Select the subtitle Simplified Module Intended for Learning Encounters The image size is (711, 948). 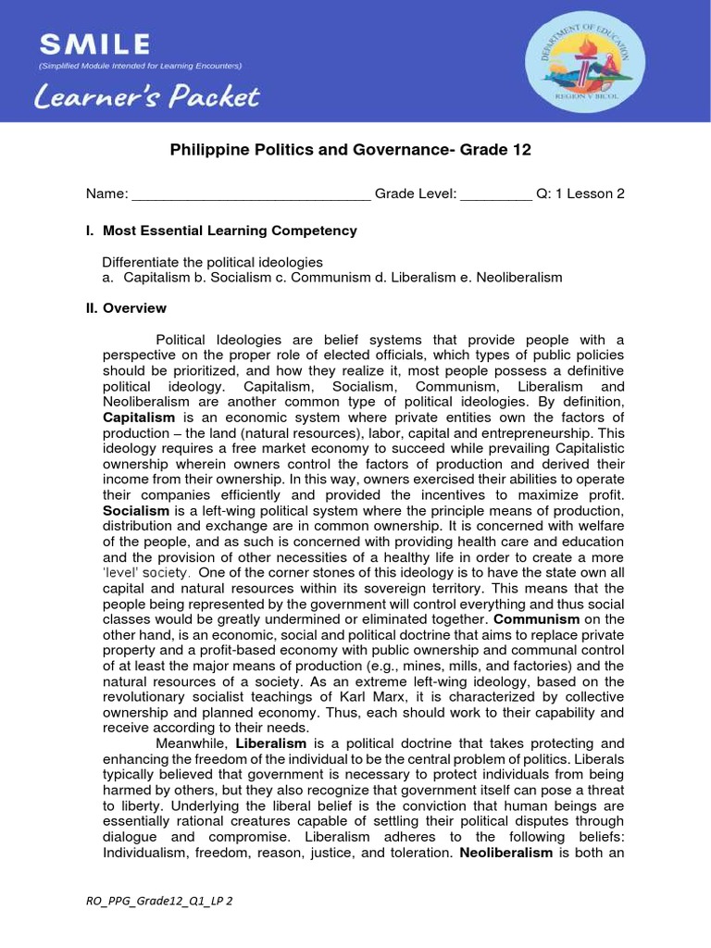click(x=139, y=66)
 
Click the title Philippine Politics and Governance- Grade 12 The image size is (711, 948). click(x=351, y=150)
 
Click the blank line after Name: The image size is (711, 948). click(x=251, y=194)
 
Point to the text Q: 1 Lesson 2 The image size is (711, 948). click(x=580, y=193)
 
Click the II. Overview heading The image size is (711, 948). click(x=126, y=308)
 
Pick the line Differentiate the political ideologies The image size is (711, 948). click(x=212, y=262)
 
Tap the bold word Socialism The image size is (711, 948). click(x=135, y=510)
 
